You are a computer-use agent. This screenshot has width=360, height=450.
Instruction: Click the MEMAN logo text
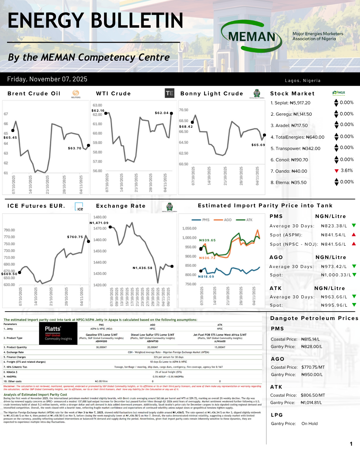point(252,37)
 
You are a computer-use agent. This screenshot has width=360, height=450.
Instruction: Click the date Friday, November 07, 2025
point(47,79)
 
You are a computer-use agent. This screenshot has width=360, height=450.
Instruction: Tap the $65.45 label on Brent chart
point(10,138)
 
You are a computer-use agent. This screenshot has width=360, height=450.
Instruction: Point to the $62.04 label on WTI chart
point(162,113)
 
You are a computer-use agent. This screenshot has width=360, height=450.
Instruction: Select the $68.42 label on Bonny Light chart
point(186,127)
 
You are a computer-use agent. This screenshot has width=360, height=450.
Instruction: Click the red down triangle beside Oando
point(336,171)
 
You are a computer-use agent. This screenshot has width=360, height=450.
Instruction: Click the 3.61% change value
point(347,171)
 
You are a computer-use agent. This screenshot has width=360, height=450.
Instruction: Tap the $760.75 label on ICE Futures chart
point(75,237)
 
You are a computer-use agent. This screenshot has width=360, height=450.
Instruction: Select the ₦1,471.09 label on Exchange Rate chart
point(99,223)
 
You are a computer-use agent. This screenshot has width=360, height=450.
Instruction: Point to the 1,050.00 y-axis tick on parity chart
point(189,229)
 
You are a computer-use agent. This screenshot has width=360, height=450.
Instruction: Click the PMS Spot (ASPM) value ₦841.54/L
point(334,235)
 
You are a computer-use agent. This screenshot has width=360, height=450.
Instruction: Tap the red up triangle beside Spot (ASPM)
point(354,235)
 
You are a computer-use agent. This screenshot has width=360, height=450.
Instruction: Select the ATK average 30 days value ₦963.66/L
point(334,297)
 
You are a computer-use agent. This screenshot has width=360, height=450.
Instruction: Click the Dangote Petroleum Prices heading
point(314,318)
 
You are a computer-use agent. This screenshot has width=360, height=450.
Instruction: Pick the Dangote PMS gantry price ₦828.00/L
point(312,347)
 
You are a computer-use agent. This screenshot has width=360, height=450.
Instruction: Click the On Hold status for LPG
point(310,424)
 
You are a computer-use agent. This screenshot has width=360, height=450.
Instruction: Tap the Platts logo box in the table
point(58,334)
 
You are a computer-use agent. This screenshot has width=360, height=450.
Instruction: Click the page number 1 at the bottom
point(351,444)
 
